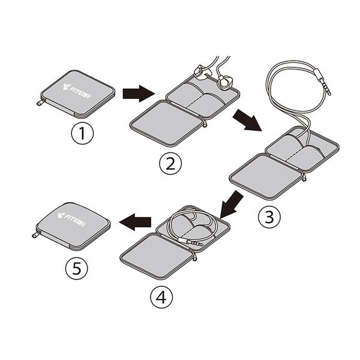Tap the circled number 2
pyautogui.click(x=170, y=164)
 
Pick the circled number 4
pyautogui.click(x=161, y=298)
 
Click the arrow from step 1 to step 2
pyautogui.click(x=138, y=93)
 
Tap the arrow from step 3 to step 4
pyautogui.click(x=231, y=205)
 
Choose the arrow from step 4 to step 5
pyautogui.click(x=136, y=222)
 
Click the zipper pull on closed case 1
pyautogui.click(x=39, y=104)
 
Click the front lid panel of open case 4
pyautogui.click(x=158, y=256)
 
